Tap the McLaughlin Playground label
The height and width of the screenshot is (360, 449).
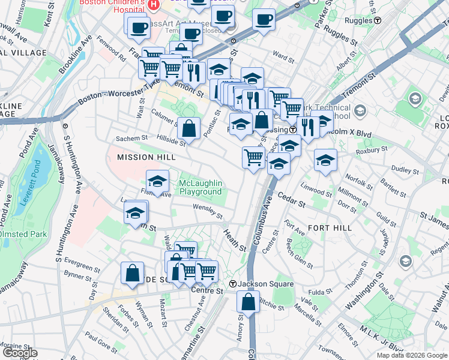[x=200, y=187]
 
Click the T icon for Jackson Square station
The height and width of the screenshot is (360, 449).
[x=232, y=284]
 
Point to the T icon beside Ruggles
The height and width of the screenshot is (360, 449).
[x=378, y=20]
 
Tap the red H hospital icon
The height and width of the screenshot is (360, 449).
[x=154, y=5]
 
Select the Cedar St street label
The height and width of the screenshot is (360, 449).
[x=292, y=200]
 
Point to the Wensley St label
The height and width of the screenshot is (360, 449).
[x=208, y=211]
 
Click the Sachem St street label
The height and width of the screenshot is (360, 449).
[x=127, y=139]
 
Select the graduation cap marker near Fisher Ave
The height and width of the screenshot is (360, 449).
[x=157, y=181]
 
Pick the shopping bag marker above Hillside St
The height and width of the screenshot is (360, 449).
[x=189, y=128]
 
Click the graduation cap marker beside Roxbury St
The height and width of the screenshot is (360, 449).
[x=325, y=160]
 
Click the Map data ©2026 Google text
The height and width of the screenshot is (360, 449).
[x=412, y=355]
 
